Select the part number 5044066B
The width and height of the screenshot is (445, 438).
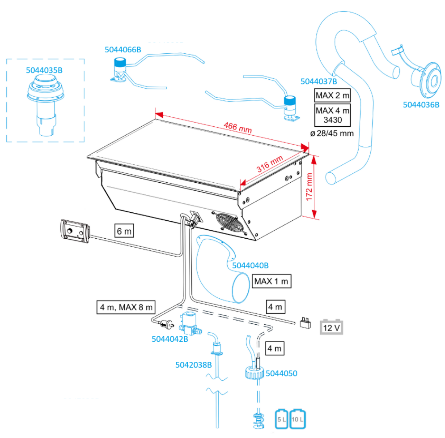pos(123,50)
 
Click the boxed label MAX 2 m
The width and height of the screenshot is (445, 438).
pos(332,95)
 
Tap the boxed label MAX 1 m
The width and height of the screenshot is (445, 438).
pos(272,282)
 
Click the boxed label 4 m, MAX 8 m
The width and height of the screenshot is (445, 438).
pos(126,307)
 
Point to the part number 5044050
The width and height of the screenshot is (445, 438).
pos(281,372)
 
